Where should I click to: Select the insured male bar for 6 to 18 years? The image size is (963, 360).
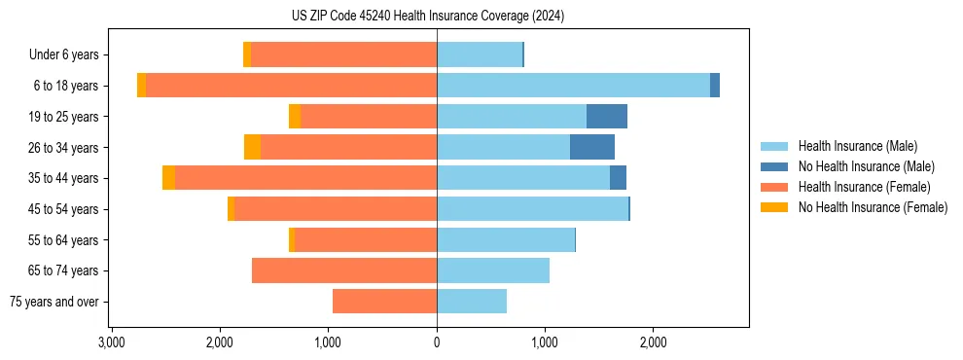[573, 86]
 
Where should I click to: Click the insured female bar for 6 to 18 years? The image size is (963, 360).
[291, 86]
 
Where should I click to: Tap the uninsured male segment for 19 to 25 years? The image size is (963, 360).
[606, 117]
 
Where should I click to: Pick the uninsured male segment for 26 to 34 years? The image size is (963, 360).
[591, 147]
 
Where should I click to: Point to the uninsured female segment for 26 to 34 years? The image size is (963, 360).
[252, 147]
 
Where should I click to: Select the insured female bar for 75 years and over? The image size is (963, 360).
[384, 302]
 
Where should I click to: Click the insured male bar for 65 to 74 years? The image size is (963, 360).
[493, 270]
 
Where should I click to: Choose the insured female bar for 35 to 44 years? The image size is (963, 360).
[305, 178]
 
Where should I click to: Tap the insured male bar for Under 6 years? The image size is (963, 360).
[480, 54]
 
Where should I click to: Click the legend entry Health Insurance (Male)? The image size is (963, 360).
[857, 146]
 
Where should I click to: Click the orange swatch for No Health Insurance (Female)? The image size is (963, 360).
[774, 207]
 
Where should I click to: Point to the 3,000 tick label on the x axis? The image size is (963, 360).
[112, 342]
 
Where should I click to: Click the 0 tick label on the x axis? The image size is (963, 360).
[437, 342]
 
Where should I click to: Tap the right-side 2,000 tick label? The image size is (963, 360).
[653, 342]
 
